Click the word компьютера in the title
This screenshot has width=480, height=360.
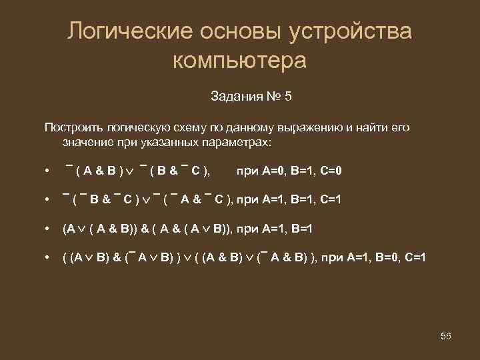click(x=239, y=61)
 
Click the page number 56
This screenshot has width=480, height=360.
click(x=446, y=336)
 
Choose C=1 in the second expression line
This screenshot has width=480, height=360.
click(x=327, y=199)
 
